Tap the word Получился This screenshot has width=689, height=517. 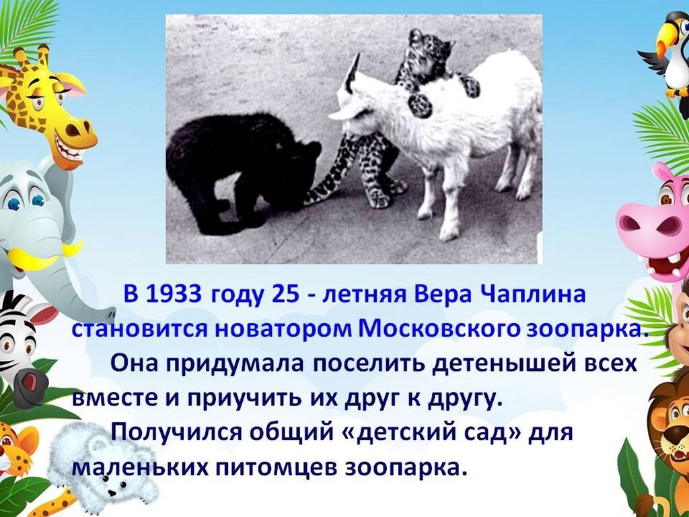(x=176, y=433)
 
